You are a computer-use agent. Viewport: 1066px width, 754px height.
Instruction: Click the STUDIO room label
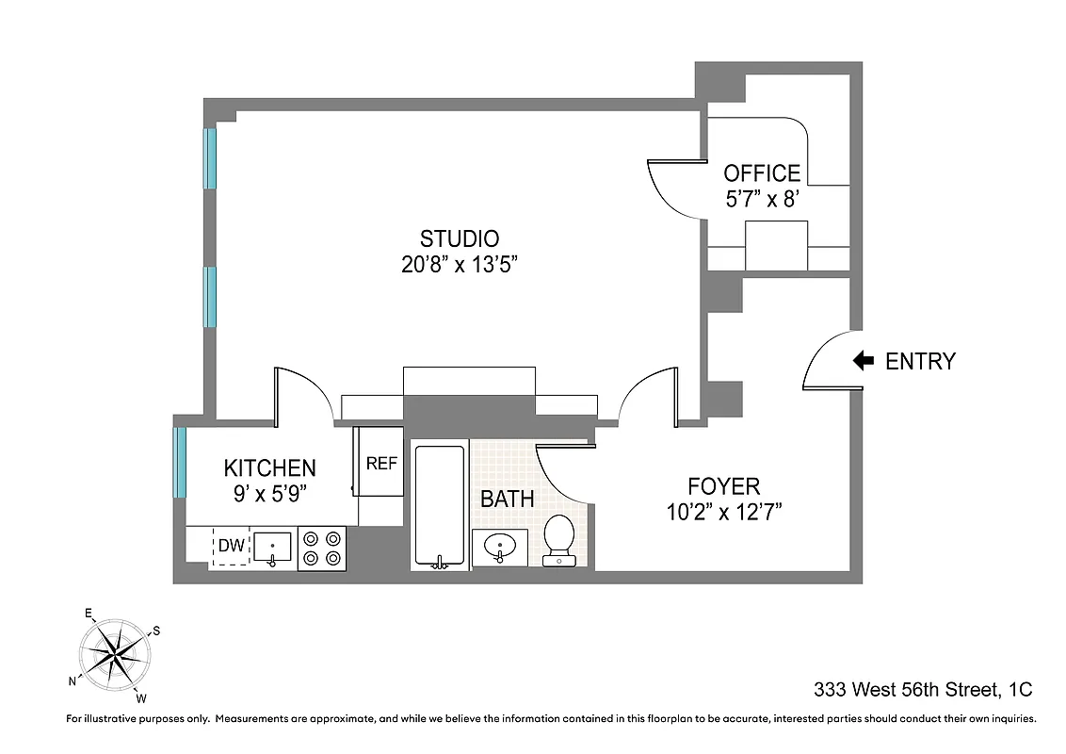[x=460, y=238]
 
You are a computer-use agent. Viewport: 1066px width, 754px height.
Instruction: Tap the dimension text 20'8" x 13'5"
[x=460, y=265]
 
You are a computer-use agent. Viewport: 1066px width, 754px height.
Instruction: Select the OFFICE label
[x=762, y=173]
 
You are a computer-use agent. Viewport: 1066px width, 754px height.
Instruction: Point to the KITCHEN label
[x=269, y=467]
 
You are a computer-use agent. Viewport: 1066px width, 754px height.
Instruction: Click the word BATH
[x=508, y=499]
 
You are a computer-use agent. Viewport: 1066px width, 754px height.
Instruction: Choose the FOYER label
[x=723, y=486]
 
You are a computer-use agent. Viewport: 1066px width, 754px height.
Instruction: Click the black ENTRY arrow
[x=863, y=361]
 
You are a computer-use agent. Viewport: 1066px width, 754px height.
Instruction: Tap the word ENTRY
[x=920, y=361]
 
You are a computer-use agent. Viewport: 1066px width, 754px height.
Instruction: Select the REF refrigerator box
[x=380, y=463]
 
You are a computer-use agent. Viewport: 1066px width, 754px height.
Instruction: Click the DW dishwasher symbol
[x=231, y=546]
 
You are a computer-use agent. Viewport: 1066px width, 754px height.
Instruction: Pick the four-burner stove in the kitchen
[x=322, y=548]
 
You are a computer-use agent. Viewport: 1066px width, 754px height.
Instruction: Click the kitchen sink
[x=273, y=547]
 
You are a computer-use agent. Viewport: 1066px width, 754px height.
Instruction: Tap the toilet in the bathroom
[x=559, y=540]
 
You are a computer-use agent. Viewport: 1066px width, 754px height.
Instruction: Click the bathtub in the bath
[x=440, y=506]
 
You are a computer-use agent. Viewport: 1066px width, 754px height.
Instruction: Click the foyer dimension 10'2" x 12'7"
[x=723, y=513]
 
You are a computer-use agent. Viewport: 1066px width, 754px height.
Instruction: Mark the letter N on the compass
[x=73, y=680]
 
